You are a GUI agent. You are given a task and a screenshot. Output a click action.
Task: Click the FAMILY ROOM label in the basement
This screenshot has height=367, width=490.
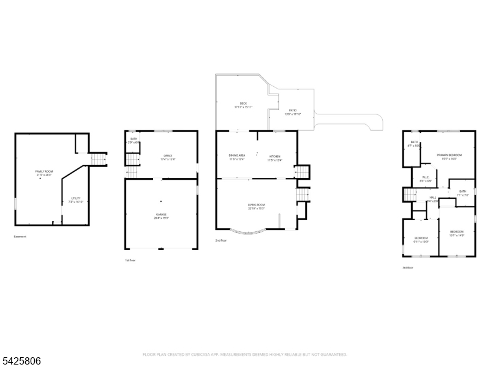pos(44,172)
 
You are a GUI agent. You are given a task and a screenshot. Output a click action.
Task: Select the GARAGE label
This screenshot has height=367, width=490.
pos(161,215)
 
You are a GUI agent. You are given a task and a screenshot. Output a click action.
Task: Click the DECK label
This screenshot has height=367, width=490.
pos(243,104)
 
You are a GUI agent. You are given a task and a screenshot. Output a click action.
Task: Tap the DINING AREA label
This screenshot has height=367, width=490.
pos(237,157)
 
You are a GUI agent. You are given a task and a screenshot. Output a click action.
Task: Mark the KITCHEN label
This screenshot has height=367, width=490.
pos(275,157)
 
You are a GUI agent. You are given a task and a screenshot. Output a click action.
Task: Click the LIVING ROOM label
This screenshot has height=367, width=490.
pos(256,206)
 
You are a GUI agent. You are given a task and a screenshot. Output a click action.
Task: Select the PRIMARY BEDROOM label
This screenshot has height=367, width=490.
pos(449,156)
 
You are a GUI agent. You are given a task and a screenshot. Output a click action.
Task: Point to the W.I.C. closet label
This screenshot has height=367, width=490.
pos(423,179)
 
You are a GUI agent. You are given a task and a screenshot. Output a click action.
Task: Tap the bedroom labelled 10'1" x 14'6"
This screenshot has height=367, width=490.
pos(457,232)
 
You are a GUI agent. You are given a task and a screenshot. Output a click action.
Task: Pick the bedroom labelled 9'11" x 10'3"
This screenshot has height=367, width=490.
pos(421,239)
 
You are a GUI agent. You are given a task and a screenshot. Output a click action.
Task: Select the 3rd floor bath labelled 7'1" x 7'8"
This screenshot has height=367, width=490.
pos(463,192)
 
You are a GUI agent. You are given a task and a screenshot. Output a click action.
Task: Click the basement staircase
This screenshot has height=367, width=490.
pos(99,160)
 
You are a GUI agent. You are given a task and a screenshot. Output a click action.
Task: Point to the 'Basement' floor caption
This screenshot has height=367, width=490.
pos(20,236)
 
